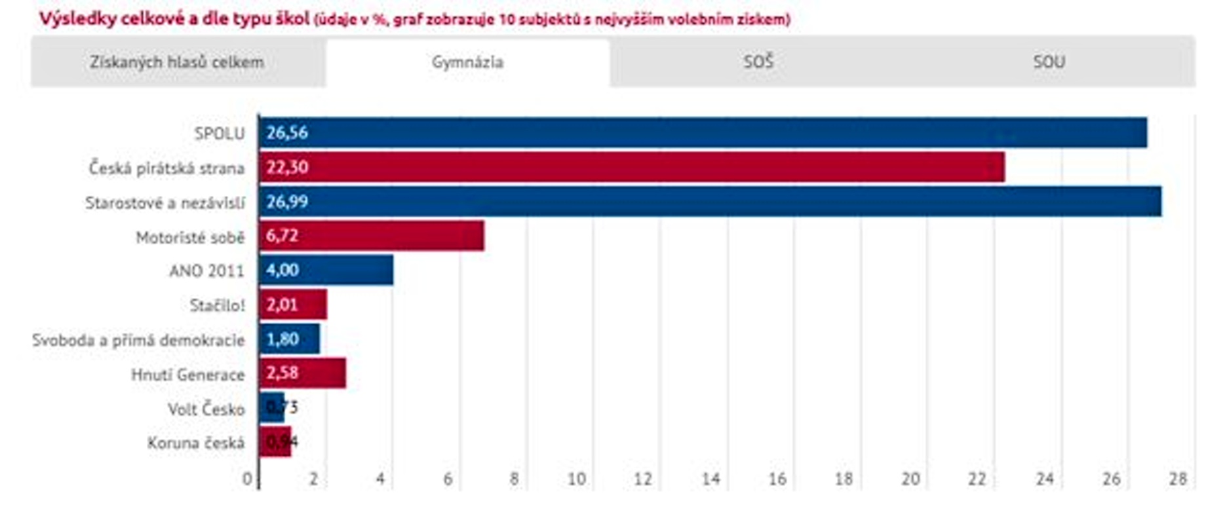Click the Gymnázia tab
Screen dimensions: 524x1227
pyautogui.click(x=467, y=62)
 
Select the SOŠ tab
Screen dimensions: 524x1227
pyautogui.click(x=758, y=62)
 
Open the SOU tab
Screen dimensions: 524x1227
pyautogui.click(x=1049, y=62)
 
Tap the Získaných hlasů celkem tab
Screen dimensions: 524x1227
pyautogui.click(x=177, y=62)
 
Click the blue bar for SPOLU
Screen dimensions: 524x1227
pyautogui.click(x=703, y=132)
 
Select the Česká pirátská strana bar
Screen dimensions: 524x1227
pyautogui.click(x=631, y=167)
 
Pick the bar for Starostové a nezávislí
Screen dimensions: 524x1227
pyautogui.click(x=710, y=201)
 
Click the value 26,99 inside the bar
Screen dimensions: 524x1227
pyautogui.click(x=287, y=202)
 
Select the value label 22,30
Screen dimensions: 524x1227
pyautogui.click(x=287, y=167)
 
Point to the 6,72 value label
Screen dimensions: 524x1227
pyautogui.click(x=282, y=236)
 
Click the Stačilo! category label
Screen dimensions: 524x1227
pyautogui.click(x=217, y=305)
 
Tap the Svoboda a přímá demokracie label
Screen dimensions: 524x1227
pyautogui.click(x=138, y=340)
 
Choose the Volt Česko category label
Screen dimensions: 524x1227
pyautogui.click(x=206, y=409)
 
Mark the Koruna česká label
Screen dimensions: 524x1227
pyautogui.click(x=195, y=443)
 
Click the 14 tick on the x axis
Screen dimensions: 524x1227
pyautogui.click(x=711, y=479)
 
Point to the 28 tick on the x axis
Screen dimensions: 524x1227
pyautogui.click(x=1178, y=479)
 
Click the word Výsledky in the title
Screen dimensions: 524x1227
pyautogui.click(x=72, y=19)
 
